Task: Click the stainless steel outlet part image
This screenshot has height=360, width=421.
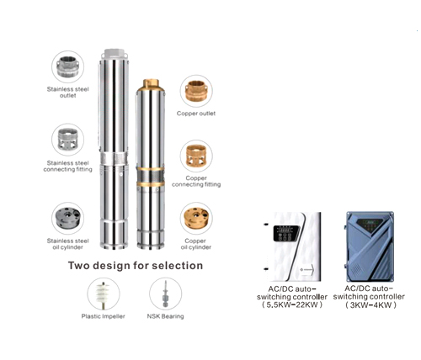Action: coord(67,66)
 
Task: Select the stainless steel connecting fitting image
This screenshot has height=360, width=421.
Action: coord(67,140)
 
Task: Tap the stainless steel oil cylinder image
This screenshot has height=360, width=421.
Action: coord(68,218)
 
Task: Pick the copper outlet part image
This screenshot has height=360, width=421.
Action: coord(196,91)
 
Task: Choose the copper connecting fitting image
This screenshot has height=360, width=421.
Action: coord(196,156)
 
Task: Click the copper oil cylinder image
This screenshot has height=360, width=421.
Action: coord(196,218)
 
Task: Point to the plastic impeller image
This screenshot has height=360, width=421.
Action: coord(104,294)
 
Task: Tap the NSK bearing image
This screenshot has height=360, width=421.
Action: coord(165,294)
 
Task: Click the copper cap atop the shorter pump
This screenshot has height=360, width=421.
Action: coord(151,85)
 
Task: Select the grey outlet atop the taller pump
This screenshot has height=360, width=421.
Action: coord(115,54)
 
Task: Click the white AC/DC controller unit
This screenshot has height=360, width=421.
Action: coord(292,246)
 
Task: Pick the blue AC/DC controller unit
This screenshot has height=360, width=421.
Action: coord(370,246)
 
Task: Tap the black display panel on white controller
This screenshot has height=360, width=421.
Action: coord(286,234)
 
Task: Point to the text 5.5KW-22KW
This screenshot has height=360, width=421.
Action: coord(292,304)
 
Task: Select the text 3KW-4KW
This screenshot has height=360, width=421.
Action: coord(370,304)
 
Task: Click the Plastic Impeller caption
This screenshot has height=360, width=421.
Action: coord(103,316)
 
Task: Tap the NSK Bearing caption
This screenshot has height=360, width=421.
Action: coord(165,316)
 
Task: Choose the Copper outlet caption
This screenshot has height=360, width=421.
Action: coord(196,114)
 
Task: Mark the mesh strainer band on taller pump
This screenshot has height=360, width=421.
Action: coord(115,159)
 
